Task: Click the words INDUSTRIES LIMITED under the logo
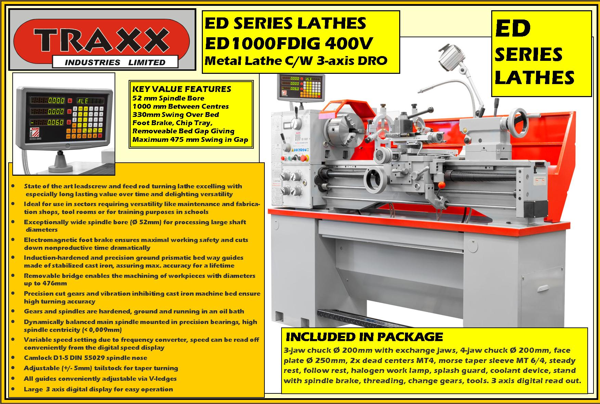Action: click(115, 62)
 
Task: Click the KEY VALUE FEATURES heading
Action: click(182, 90)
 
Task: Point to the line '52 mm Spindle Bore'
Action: click(168, 98)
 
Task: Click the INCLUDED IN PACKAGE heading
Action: click(364, 337)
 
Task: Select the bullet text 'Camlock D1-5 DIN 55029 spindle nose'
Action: click(86, 358)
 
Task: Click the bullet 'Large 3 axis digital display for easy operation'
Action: click(99, 389)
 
